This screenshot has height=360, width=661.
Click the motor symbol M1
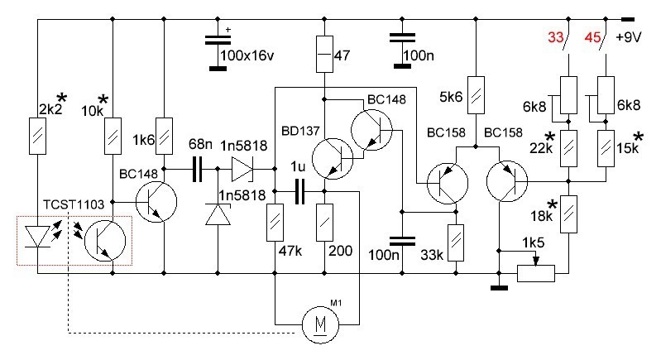pos(321,324)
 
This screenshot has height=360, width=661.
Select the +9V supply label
pos(629,37)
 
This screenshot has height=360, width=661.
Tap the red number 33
pos(556,37)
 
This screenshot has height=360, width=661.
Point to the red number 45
pos(592,37)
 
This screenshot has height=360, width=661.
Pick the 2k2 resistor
pos(37,137)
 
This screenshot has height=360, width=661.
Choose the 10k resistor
pos(113,137)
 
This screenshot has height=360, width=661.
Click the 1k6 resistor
pos(164,137)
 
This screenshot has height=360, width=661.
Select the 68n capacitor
pos(197,169)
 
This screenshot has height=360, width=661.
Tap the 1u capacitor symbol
pos(299,191)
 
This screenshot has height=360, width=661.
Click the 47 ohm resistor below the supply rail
pos(324,54)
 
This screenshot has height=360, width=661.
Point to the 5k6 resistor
pos(476,95)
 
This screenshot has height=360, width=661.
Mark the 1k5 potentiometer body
pos(536,273)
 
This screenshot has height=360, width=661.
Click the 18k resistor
pos(568,214)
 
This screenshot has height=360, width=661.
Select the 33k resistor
pos(455,243)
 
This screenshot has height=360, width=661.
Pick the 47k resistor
pos(275,223)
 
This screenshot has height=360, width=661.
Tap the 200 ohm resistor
pos(324,223)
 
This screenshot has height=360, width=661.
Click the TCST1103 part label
pos(74,205)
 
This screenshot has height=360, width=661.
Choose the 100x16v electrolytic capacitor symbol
pos(218,41)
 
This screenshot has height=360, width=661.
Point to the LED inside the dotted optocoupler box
pos(37,237)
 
